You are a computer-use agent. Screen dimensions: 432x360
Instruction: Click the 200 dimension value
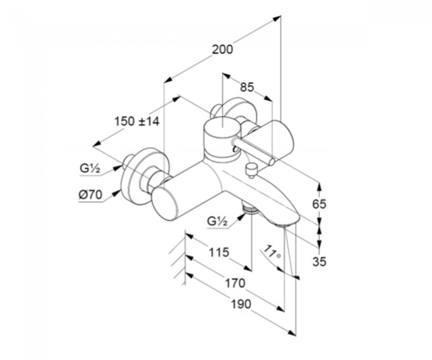pyautogui.click(x=222, y=50)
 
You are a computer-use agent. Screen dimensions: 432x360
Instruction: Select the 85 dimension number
pyautogui.click(x=246, y=88)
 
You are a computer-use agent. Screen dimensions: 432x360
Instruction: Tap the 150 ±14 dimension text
pyautogui.click(x=137, y=121)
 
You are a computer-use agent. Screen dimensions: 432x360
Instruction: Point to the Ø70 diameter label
pyautogui.click(x=90, y=195)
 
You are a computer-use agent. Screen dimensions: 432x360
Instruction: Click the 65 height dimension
pyautogui.click(x=319, y=204)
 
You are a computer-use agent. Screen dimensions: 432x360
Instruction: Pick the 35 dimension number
pyautogui.click(x=319, y=261)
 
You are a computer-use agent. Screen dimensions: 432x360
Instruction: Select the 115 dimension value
pyautogui.click(x=219, y=253)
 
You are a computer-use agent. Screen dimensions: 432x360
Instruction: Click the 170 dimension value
pyautogui.click(x=235, y=283)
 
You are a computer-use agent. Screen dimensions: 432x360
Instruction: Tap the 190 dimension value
pyautogui.click(x=241, y=305)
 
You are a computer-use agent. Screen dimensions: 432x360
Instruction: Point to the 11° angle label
pyautogui.click(x=272, y=252)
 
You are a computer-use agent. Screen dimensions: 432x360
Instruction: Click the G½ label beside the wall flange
pyautogui.click(x=90, y=168)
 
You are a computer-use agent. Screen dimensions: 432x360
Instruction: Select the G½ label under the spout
pyautogui.click(x=217, y=221)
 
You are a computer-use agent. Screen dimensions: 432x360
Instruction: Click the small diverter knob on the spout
pyautogui.click(x=251, y=170)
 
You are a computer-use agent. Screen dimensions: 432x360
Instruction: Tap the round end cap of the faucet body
pyautogui.click(x=164, y=204)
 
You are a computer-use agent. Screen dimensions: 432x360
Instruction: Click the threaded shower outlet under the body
pyautogui.click(x=250, y=208)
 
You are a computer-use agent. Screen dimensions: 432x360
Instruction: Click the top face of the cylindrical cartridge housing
pyautogui.click(x=222, y=126)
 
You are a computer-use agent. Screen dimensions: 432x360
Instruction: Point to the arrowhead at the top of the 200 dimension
pyautogui.click(x=277, y=19)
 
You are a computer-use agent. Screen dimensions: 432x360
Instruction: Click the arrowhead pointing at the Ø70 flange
pyautogui.click(x=117, y=194)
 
